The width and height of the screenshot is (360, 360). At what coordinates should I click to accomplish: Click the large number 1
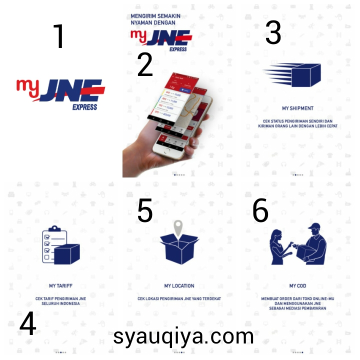(59, 36)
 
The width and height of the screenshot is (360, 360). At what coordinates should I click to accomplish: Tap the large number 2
(145, 65)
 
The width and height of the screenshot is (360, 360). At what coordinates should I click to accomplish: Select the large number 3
(273, 32)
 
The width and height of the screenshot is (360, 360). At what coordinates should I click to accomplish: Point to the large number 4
(27, 324)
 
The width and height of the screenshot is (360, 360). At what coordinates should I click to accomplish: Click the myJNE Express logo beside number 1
(60, 93)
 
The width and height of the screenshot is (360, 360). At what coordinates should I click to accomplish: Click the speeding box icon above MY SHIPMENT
(292, 75)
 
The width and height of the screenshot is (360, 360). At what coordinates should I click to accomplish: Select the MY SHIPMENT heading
(297, 108)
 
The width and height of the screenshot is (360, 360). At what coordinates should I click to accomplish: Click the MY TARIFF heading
(59, 286)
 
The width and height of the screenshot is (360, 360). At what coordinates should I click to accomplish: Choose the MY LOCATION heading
(179, 286)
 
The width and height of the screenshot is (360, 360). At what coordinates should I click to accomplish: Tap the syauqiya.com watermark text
(183, 336)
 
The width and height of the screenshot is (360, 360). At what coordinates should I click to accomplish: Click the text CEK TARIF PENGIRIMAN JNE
(59, 298)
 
